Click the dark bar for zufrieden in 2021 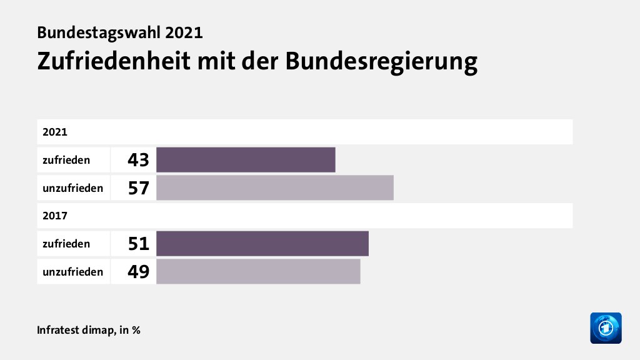[246, 159]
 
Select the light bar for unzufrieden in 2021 [275, 187]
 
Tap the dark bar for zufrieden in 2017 [262, 243]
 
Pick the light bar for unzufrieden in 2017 [258, 271]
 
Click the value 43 [137, 160]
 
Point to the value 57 [137, 188]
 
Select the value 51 [137, 244]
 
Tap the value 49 [137, 272]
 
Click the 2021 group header [55, 132]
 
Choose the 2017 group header [55, 216]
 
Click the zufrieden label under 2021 [66, 160]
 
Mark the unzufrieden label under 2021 [72, 187]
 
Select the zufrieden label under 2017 [66, 244]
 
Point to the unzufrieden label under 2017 [72, 272]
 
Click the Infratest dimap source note [88, 330]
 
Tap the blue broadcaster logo [606, 327]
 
